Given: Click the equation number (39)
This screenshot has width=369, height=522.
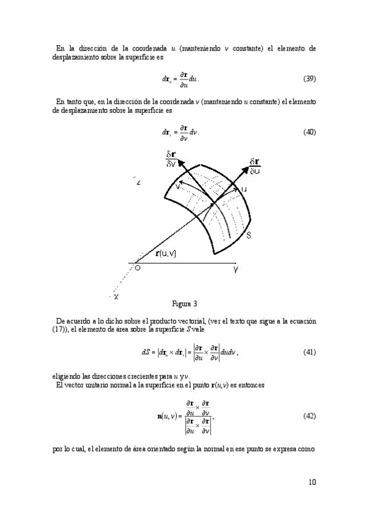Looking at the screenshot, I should point(310,79).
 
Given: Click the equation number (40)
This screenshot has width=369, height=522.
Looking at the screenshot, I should point(310,132).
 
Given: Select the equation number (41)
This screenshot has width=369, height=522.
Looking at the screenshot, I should point(310,352).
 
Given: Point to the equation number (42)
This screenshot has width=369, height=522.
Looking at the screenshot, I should point(310,416).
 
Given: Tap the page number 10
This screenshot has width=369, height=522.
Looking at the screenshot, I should point(312,482).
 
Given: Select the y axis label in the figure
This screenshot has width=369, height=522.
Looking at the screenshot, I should point(235,270).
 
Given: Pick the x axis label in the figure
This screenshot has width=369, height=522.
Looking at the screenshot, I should point(116,297).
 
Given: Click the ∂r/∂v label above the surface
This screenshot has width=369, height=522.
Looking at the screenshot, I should point(171,159).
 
